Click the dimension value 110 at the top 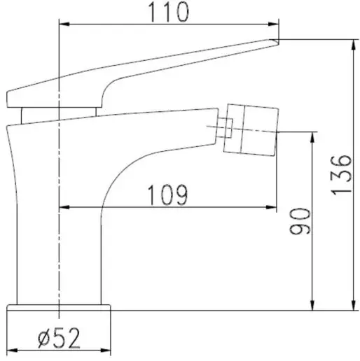(168, 12)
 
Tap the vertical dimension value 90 (298, 221)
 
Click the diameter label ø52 (59, 340)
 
